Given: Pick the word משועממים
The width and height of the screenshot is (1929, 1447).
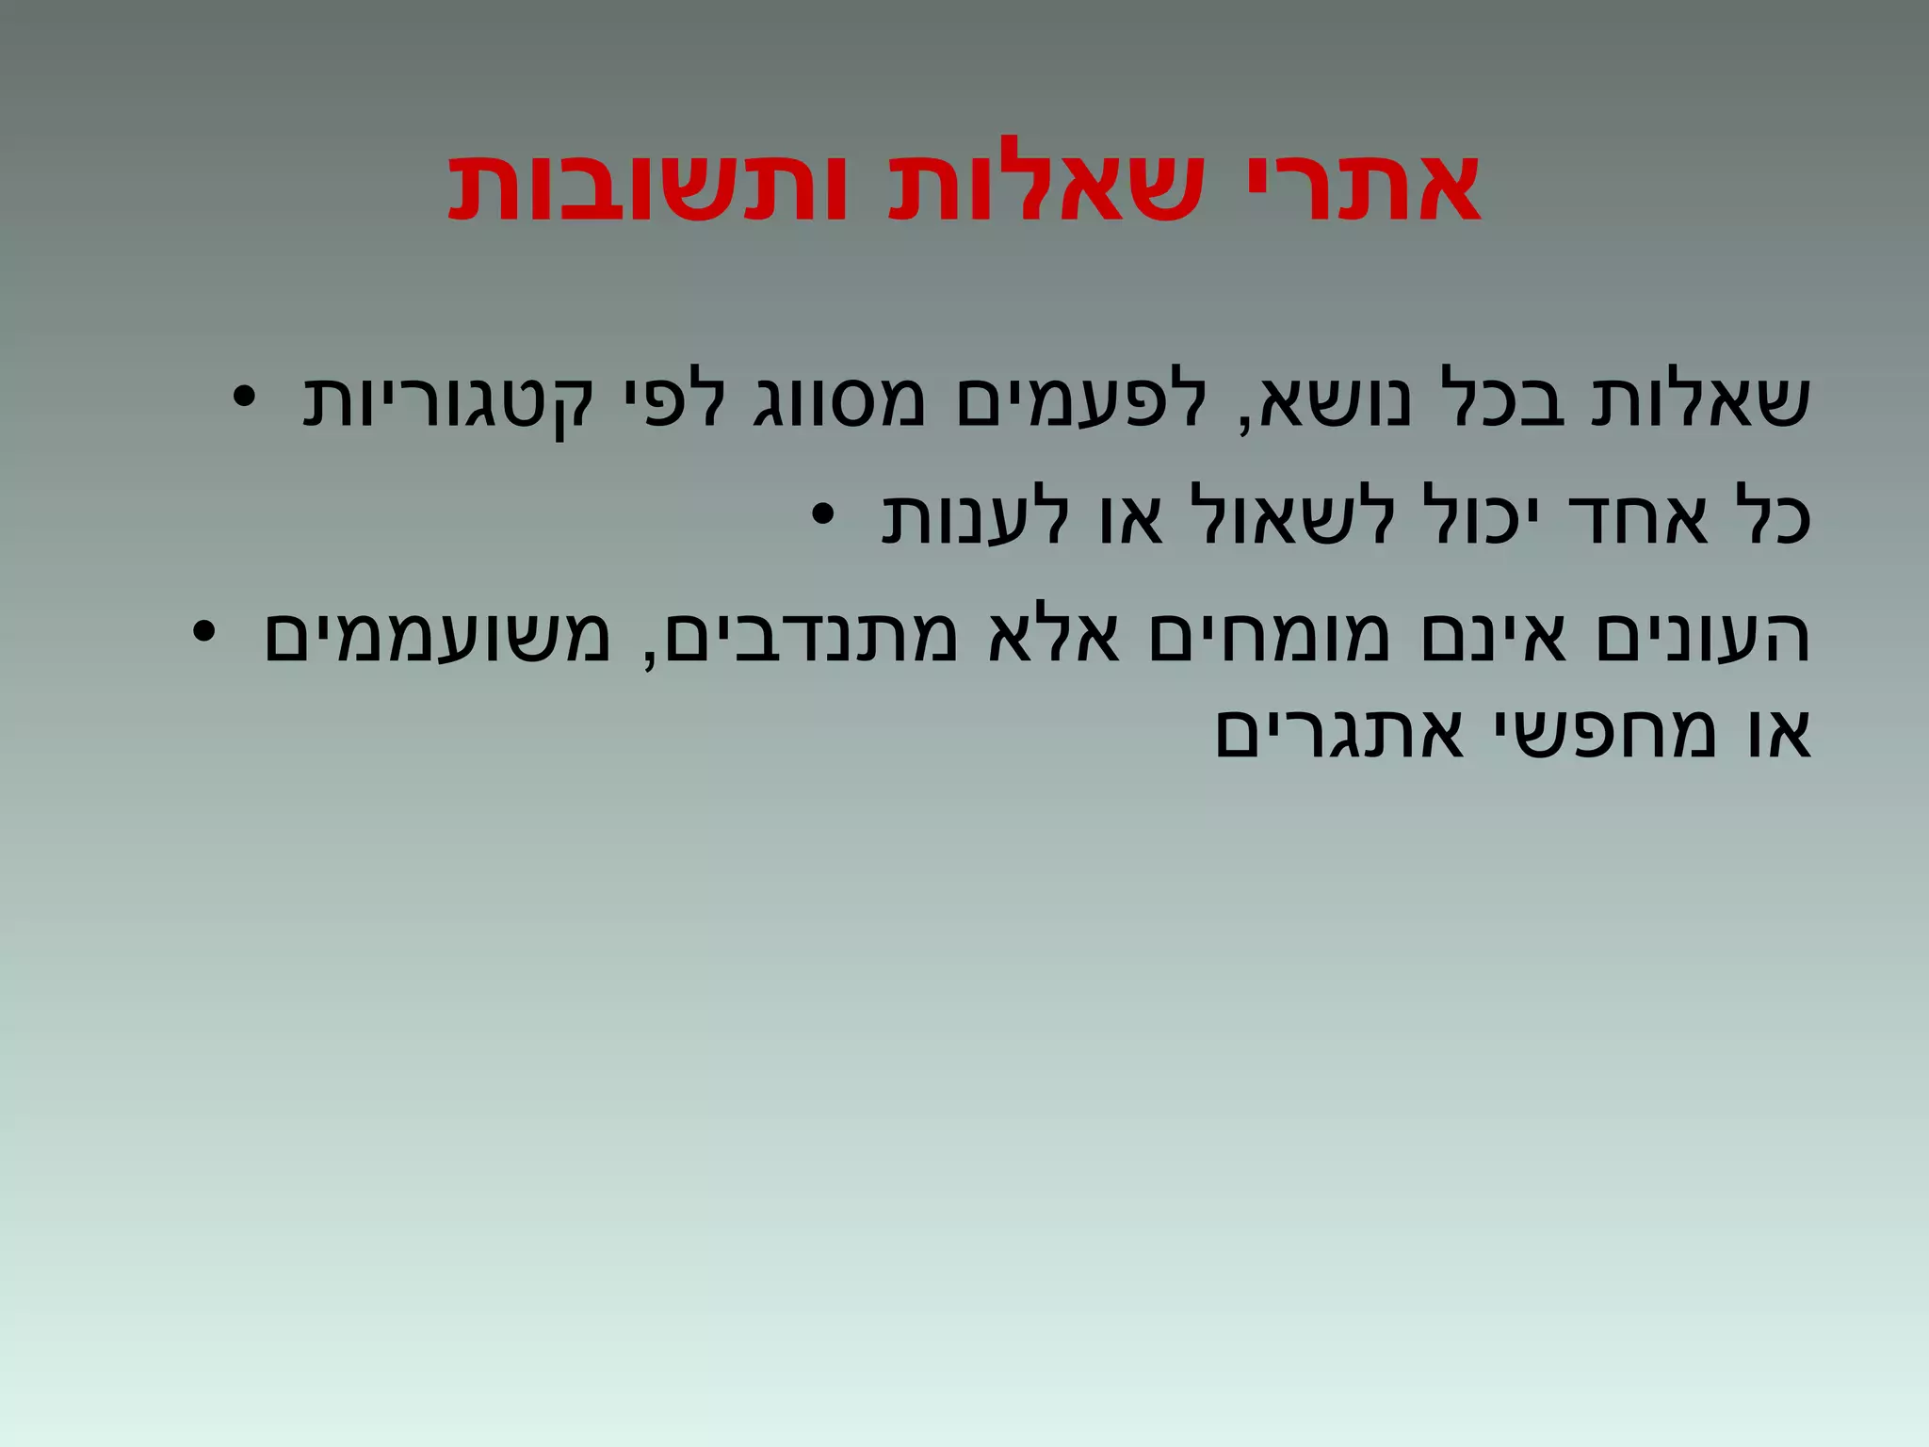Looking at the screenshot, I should pyautogui.click(x=437, y=636).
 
